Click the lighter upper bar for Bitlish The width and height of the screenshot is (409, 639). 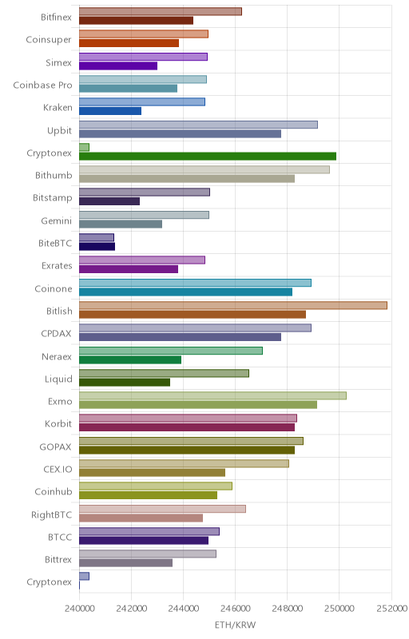tap(233, 305)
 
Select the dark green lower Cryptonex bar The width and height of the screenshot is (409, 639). tap(208, 156)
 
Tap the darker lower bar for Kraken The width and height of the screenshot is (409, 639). tap(110, 111)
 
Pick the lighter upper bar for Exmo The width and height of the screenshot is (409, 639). tap(212, 395)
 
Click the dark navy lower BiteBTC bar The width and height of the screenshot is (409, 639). tap(97, 246)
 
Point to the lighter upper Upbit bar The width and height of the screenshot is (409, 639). tap(198, 125)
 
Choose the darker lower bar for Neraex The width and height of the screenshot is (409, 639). tap(130, 359)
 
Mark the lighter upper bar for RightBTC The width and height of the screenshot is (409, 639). tap(162, 509)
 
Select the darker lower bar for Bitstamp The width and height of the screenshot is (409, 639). tap(109, 201)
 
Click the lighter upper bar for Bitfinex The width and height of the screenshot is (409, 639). tap(160, 11)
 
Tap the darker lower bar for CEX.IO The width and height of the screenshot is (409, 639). tap(152, 473)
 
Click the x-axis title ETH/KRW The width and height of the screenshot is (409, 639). tap(236, 625)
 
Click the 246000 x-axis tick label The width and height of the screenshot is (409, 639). tap(236, 609)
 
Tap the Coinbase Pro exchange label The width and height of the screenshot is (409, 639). tap(43, 85)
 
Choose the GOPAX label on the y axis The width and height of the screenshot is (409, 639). tap(55, 447)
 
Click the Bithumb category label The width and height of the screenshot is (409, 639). tap(54, 175)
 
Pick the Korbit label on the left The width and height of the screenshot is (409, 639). tap(58, 424)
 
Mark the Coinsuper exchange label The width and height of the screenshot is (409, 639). tap(49, 40)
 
